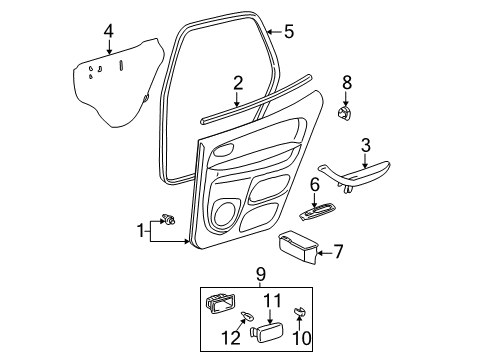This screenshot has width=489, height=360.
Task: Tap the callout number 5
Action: click(289, 32)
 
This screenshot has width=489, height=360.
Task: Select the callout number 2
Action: click(238, 82)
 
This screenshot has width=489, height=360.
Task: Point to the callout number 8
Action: click(347, 82)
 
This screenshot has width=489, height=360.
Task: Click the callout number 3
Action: click(366, 145)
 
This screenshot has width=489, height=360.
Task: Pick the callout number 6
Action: click(314, 184)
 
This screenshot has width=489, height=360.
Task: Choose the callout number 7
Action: click(337, 252)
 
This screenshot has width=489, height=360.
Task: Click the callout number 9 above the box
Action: click(260, 272)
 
